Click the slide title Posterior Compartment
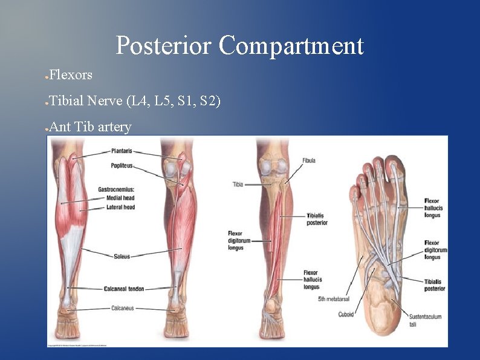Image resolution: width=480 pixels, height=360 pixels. (x=239, y=45)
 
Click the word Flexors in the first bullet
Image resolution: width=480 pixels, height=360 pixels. (x=71, y=75)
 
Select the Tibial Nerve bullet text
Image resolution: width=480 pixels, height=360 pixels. (x=135, y=100)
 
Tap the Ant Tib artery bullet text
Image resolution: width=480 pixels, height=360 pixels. (x=90, y=127)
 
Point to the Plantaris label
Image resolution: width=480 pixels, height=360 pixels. (x=122, y=151)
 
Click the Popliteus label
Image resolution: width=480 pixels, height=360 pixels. (x=122, y=165)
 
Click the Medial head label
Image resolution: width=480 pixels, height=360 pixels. (x=120, y=198)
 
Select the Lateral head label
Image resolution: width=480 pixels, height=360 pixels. (x=120, y=207)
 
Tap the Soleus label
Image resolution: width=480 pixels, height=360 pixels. (x=122, y=257)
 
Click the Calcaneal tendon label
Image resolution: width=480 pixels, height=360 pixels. (x=123, y=289)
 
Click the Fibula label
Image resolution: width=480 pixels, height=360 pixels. (x=309, y=160)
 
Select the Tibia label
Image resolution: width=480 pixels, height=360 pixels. (x=238, y=184)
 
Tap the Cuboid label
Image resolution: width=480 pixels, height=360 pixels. (x=346, y=314)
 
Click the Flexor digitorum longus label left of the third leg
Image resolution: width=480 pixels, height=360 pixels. (x=236, y=240)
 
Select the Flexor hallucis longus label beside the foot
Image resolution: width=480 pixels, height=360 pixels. (x=432, y=208)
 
